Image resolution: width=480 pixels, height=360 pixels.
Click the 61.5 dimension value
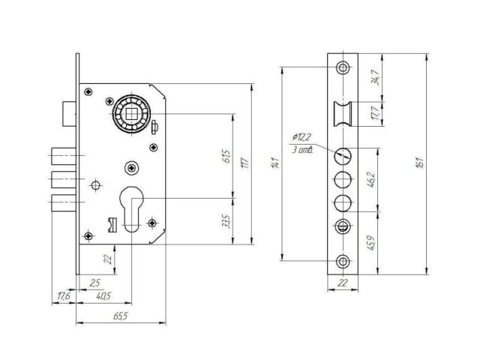click(227, 158)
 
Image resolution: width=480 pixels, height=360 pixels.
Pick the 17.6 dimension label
click(63, 296)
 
